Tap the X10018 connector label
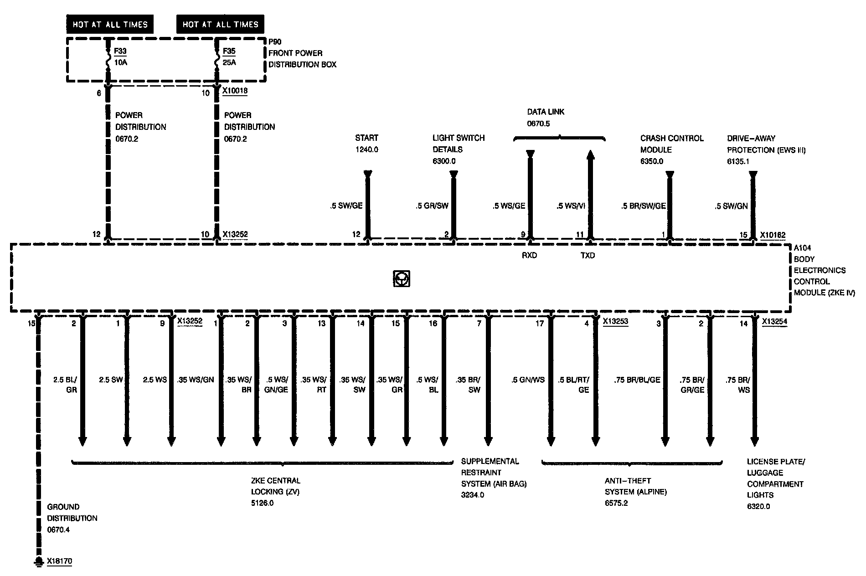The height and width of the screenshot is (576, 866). [x=235, y=91]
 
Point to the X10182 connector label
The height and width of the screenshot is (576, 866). [x=773, y=235]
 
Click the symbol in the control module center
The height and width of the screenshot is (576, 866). [x=401, y=278]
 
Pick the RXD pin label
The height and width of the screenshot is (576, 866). [x=529, y=256]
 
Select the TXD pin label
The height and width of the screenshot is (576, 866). [x=588, y=256]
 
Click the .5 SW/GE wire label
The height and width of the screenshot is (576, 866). [x=346, y=206]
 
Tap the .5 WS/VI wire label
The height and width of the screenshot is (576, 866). [x=571, y=206]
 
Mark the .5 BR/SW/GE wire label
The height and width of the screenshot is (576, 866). [x=643, y=206]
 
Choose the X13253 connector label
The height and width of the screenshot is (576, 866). [x=615, y=322]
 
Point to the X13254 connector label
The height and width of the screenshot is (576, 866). [x=774, y=322]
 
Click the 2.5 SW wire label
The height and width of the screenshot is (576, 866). [x=111, y=380]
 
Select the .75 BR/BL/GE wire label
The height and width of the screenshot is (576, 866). [x=637, y=380]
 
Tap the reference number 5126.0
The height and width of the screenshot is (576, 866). [x=262, y=504]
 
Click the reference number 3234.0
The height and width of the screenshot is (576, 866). [x=473, y=495]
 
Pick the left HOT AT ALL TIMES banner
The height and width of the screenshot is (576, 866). [x=110, y=25]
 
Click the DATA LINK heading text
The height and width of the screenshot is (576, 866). [x=546, y=112]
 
